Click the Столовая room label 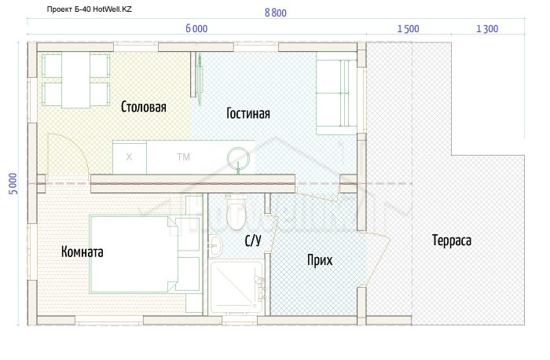click(144, 107)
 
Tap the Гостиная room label click(248, 113)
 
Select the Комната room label click(82, 252)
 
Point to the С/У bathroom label click(253, 241)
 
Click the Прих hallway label click(320, 260)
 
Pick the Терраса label click(452, 241)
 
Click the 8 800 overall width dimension click(276, 13)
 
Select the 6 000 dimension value click(196, 28)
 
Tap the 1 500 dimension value click(408, 29)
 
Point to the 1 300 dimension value click(487, 29)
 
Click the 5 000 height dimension click(13, 183)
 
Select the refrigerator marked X click(130, 157)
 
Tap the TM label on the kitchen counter click(183, 157)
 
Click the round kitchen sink click(238, 159)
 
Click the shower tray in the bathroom click(236, 287)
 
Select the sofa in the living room click(336, 93)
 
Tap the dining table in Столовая click(75, 80)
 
